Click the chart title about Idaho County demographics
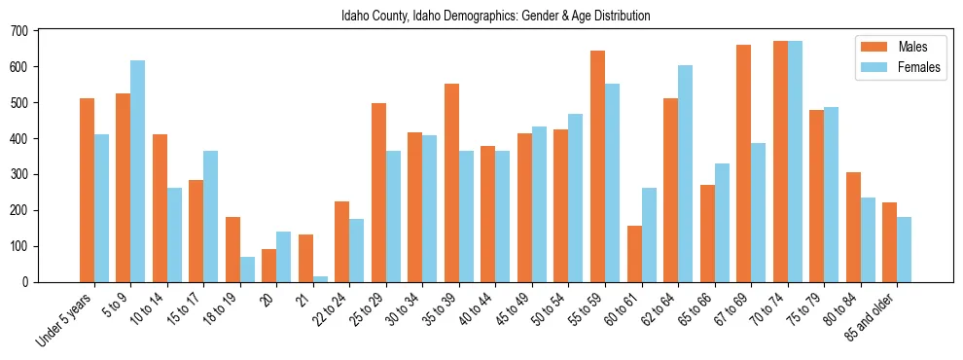[495, 17]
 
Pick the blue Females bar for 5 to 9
[137, 171]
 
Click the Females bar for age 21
[320, 279]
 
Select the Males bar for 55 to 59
[597, 166]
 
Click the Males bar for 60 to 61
[634, 254]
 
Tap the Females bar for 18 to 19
[247, 270]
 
